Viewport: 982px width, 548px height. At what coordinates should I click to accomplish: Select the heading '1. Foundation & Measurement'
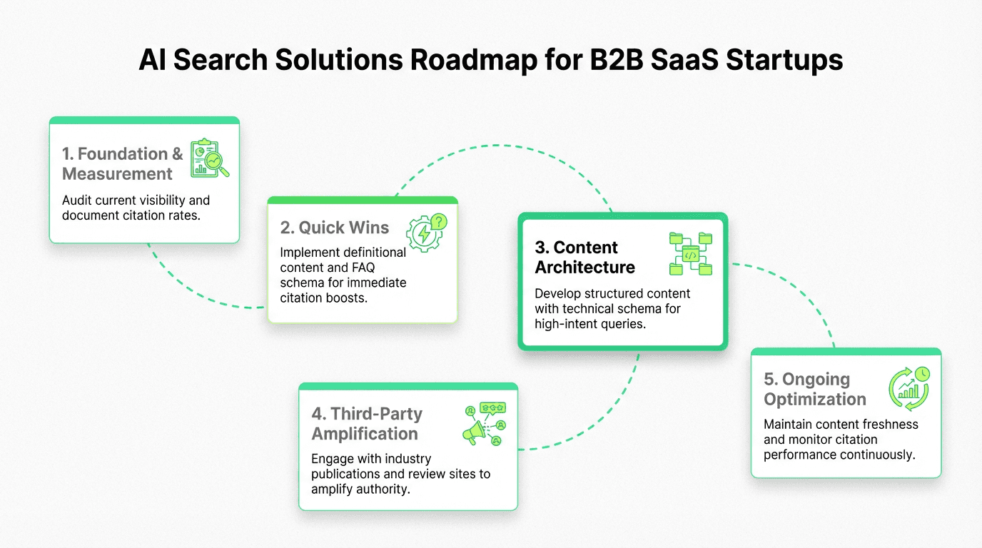[x=122, y=163]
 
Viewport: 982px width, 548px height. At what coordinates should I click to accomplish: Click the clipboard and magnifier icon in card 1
[x=209, y=158]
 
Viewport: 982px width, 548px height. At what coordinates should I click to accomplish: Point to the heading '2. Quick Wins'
[x=335, y=228]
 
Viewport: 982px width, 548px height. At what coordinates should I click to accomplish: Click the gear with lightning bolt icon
[x=426, y=232]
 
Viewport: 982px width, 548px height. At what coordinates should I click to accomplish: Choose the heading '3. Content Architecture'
[x=584, y=257]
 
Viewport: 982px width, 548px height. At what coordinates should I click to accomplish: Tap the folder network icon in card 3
[x=690, y=254]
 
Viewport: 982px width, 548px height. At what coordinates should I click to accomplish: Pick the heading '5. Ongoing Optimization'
[x=814, y=389]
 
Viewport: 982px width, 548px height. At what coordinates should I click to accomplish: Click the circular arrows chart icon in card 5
[x=908, y=389]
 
